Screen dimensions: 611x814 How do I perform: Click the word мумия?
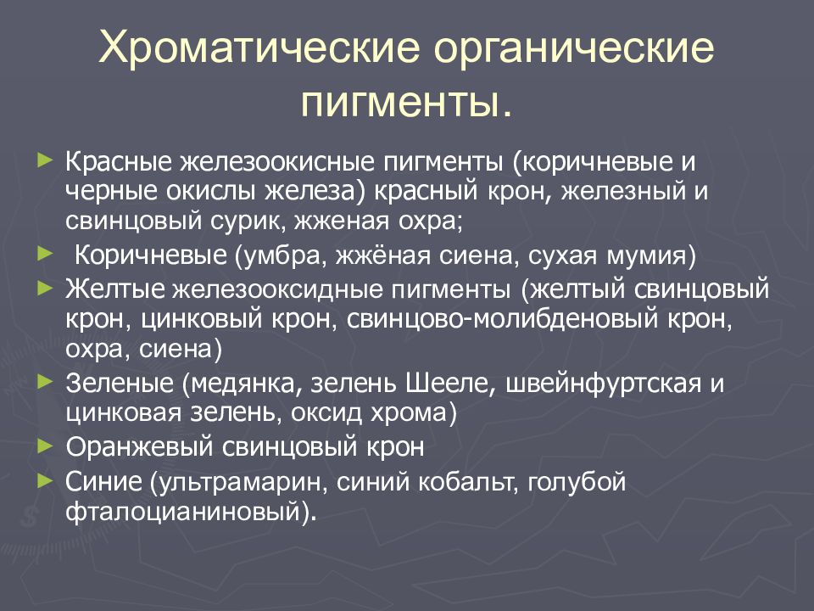(651, 255)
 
